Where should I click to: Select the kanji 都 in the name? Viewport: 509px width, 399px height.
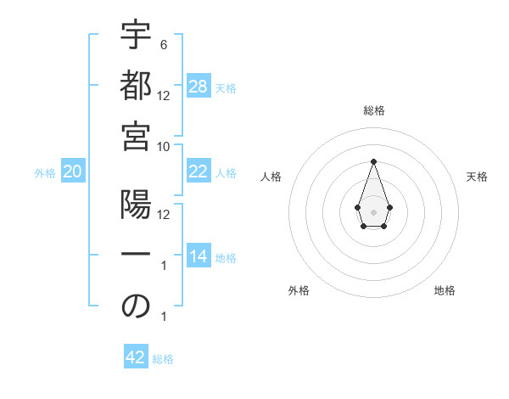coord(136,87)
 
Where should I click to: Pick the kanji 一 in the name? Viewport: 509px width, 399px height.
coord(136,256)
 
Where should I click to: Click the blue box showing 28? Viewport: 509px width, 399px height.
coord(199,87)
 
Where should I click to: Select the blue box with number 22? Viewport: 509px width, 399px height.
coord(199,171)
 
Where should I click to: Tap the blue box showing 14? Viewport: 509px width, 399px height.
coord(199,256)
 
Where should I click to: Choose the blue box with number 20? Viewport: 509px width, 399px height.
coord(72,172)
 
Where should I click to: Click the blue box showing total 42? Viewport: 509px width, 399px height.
coord(136,357)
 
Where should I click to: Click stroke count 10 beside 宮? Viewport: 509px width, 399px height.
coord(165,146)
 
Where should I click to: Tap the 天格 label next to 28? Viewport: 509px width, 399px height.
coord(226,87)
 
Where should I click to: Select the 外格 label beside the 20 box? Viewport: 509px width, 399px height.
coord(45,173)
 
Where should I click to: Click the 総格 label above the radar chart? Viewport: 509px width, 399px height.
coord(374,110)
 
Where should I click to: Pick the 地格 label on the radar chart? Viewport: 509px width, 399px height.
coord(445,290)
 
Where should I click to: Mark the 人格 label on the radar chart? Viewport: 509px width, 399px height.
coord(271,177)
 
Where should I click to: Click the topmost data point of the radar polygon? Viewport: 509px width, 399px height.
coord(373,161)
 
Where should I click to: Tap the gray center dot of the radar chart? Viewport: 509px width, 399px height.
coord(373,211)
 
